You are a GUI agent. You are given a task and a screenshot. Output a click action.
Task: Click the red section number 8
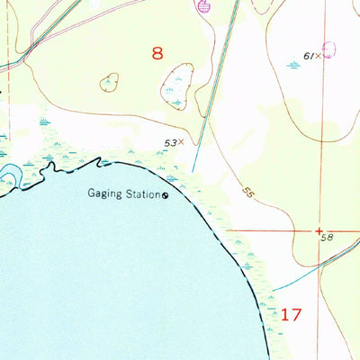pyautogui.click(x=157, y=54)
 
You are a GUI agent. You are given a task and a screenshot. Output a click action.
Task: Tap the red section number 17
pyautogui.click(x=291, y=315)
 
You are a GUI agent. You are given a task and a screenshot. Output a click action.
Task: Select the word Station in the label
pyautogui.click(x=144, y=193)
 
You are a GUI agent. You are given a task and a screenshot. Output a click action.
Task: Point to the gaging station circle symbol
pyautogui.click(x=165, y=194)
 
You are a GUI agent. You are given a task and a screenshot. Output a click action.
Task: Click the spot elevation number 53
pyautogui.click(x=169, y=142)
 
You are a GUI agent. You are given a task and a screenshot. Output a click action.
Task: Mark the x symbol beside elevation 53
pyautogui.click(x=181, y=141)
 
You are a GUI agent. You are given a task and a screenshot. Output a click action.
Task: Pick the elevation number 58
pyautogui.click(x=326, y=238)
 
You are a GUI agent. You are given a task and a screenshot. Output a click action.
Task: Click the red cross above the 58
pyautogui.click(x=320, y=229)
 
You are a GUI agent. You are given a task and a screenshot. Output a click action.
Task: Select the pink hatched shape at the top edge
pyautogui.click(x=203, y=7)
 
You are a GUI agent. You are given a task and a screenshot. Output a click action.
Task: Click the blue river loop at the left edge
pyautogui.click(x=11, y=175)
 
